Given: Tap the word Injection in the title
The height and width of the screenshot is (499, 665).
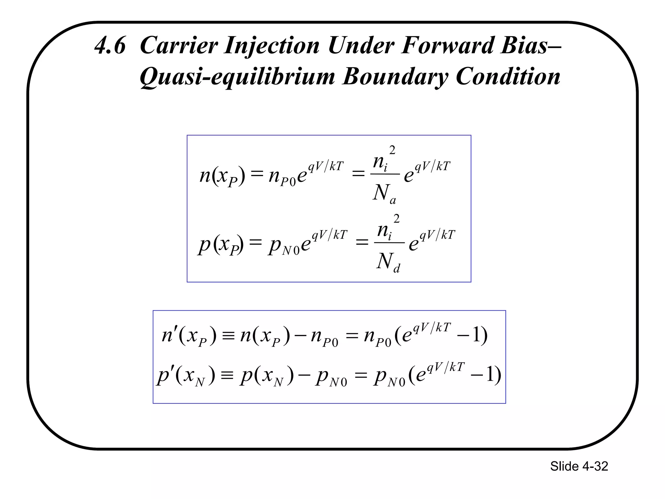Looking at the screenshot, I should point(272,46).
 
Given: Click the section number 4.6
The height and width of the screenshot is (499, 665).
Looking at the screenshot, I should point(110,45).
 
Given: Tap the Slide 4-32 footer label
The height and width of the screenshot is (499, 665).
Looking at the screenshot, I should point(579,466).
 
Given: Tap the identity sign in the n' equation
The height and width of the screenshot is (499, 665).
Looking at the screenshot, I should point(228,336).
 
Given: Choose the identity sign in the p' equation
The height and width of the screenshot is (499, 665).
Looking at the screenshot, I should point(227,376).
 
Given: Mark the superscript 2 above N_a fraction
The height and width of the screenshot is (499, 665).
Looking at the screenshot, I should point(392,150).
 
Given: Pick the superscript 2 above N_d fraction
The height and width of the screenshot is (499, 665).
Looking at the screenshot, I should point(396,219).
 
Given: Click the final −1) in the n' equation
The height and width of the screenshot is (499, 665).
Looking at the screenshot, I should point(472,335).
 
